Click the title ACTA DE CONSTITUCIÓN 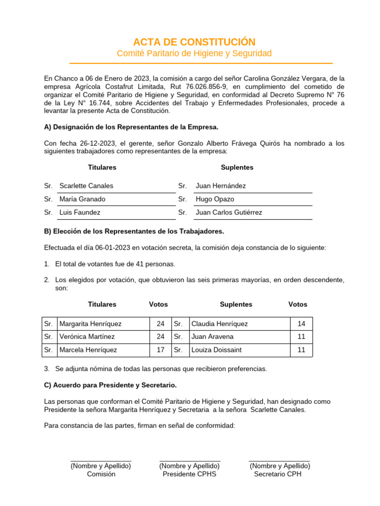click(x=194, y=42)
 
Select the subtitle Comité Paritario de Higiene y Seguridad click(x=194, y=53)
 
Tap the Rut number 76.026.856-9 click(x=203, y=86)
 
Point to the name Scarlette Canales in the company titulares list click(x=86, y=186)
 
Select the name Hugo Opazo click(x=215, y=199)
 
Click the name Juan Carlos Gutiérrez click(x=229, y=212)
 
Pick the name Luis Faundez click(x=80, y=212)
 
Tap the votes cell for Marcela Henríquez click(x=160, y=350)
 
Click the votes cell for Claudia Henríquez click(x=301, y=324)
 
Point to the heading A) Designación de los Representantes click(x=131, y=127)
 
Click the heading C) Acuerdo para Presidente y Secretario click(x=110, y=385)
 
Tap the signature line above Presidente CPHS click(x=190, y=461)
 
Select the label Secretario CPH click(x=278, y=474)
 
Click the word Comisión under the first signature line click(x=101, y=474)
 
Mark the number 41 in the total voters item click(x=133, y=264)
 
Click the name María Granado click(x=82, y=199)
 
